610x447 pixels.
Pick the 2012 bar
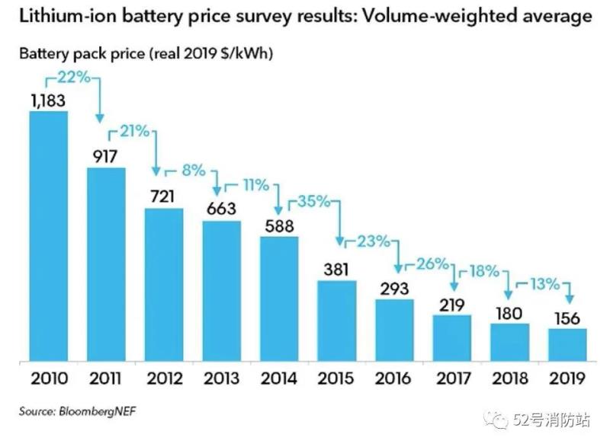[x=163, y=283]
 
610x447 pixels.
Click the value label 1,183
[x=47, y=100]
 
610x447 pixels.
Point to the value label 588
[x=279, y=225]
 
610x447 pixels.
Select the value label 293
[x=394, y=288]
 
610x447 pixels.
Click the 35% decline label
[x=313, y=202]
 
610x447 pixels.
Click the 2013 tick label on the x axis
[x=221, y=378]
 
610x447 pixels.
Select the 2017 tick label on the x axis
[x=452, y=378]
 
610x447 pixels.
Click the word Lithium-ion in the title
[x=68, y=16]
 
